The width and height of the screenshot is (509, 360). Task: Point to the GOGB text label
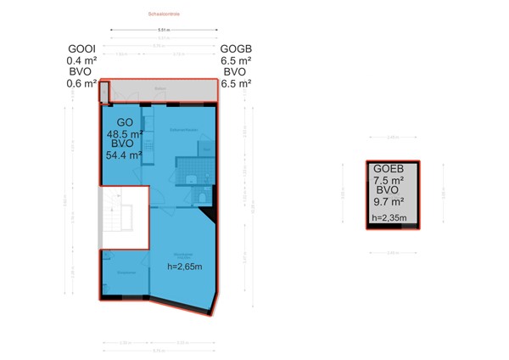coord(236,49)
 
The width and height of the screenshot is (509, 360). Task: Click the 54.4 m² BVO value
coord(123,155)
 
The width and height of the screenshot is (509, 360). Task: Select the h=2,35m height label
coord(389,218)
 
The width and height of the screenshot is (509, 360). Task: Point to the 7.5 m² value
coord(388,179)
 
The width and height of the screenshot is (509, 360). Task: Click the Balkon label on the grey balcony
coord(159,87)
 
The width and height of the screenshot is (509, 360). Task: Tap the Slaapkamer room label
coord(126,273)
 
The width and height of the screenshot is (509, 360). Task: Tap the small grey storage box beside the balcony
coord(104,90)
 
